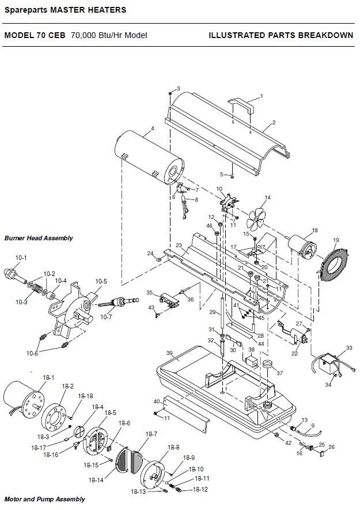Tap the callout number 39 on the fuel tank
tap(169, 353)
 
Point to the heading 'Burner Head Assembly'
tap(39, 238)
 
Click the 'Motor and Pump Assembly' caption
tap(44, 499)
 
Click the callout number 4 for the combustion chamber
tap(153, 128)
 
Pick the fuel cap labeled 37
tap(268, 364)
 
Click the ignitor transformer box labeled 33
tap(328, 362)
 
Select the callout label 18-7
tap(151, 434)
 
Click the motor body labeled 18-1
tap(24, 400)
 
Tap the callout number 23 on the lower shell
tap(179, 245)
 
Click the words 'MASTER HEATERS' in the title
tap(88, 10)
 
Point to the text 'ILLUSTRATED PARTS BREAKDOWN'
tap(281, 35)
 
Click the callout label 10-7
tap(106, 317)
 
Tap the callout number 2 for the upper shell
tap(274, 123)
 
